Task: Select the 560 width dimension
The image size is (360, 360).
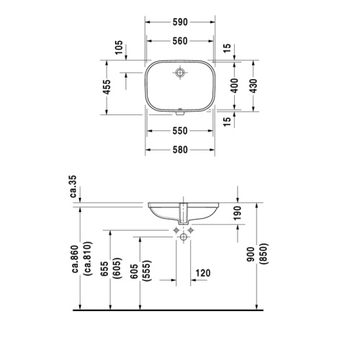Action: [x=180, y=41]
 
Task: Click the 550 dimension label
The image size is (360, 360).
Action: [x=180, y=130]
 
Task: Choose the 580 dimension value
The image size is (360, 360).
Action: [x=180, y=150]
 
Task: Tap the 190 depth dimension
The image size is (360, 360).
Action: [x=237, y=212]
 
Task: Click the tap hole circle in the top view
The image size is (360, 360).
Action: [x=180, y=73]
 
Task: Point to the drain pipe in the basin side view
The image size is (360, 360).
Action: [x=183, y=212]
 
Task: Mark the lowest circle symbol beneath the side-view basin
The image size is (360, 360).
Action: [x=183, y=237]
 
